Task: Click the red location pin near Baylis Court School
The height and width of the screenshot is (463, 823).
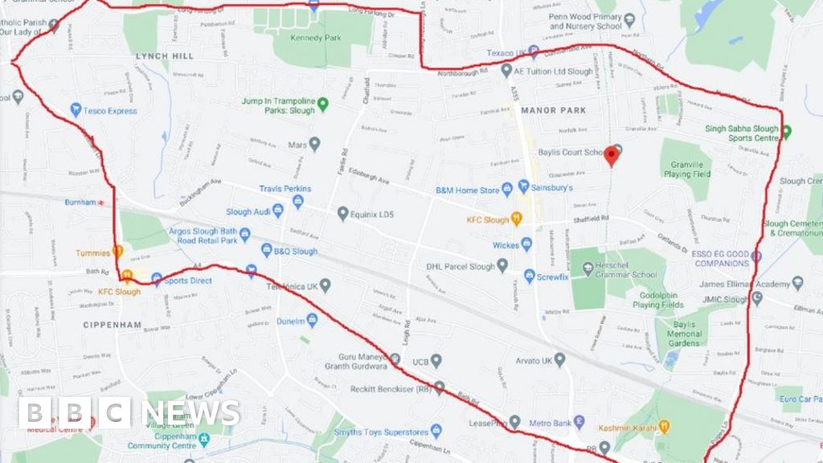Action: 612,154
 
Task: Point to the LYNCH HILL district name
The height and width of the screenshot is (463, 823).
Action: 165,56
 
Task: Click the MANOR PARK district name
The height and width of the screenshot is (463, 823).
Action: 553,110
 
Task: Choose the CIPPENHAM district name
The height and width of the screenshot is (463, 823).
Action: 112,326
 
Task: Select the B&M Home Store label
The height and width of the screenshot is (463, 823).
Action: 467,191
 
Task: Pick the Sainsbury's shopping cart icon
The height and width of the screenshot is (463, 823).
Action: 524,186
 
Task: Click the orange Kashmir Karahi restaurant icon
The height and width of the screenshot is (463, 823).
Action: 664,426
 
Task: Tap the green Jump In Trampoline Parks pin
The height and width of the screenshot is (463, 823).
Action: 323,104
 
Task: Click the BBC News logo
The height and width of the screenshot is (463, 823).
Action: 129,413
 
